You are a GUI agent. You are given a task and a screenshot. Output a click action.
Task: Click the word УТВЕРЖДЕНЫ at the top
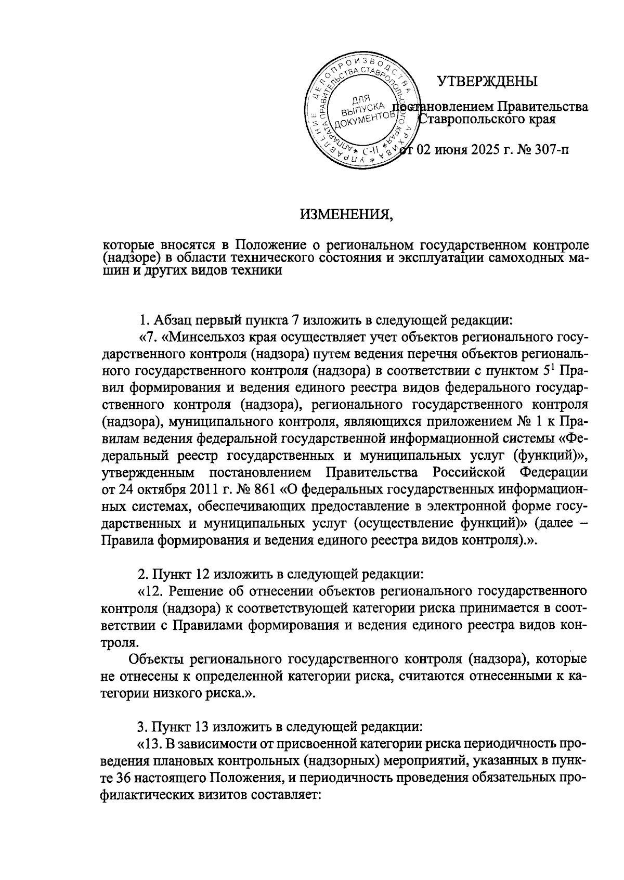point(487,82)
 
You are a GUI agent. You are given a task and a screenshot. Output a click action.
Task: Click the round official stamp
point(362,112)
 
